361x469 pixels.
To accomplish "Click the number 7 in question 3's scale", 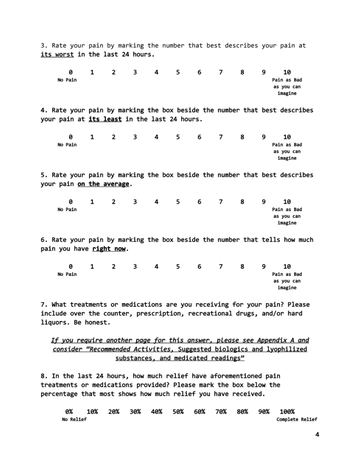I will [x=221, y=72].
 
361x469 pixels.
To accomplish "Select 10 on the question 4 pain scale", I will [x=287, y=137].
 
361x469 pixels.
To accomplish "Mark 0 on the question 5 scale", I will [x=71, y=202].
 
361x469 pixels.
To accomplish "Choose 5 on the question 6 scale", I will [x=178, y=267].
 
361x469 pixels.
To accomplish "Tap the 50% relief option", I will [x=178, y=411].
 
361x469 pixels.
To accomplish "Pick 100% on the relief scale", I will [x=287, y=411].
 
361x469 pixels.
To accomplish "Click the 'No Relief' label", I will [x=74, y=420].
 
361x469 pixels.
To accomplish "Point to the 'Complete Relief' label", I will [x=297, y=420].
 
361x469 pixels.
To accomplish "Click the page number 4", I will [x=317, y=435].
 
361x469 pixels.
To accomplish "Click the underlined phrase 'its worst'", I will [x=57, y=54].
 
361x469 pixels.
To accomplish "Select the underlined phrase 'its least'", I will [x=105, y=119].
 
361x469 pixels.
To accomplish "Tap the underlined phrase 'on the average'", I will [x=104, y=184].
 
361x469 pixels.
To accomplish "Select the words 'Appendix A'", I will [x=276, y=340].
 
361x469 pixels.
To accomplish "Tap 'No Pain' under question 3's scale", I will [x=67, y=80].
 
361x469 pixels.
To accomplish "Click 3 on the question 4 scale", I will [x=135, y=137].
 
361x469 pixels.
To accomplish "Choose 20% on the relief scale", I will [x=114, y=411].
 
